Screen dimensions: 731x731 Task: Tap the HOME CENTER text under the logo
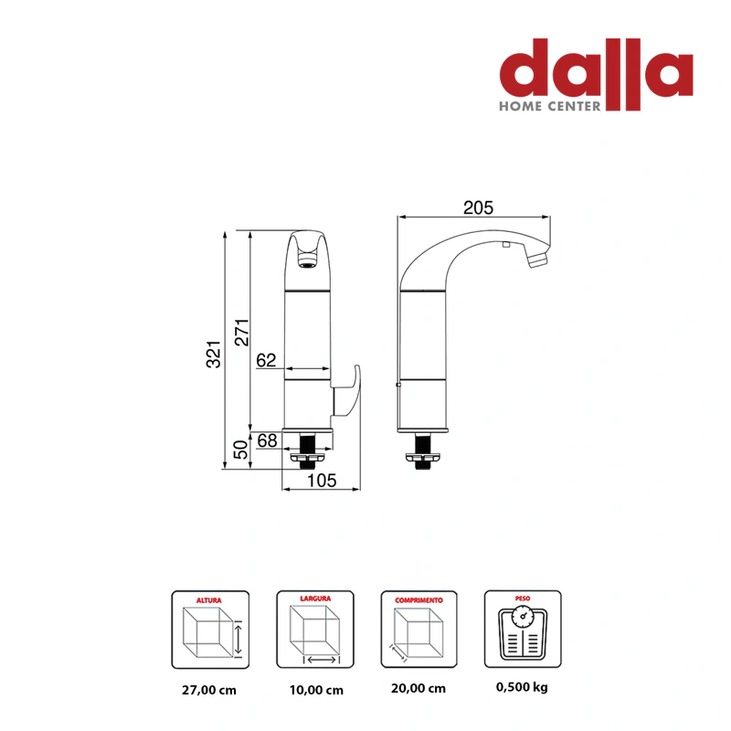coord(550,106)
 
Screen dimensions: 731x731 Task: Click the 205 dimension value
coord(478,208)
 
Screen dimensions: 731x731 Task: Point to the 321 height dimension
coord(214,355)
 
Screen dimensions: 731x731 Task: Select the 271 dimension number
coord(242,333)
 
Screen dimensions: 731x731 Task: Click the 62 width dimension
coord(266,360)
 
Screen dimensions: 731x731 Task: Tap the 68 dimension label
coord(267,440)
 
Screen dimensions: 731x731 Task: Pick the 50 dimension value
coord(240,450)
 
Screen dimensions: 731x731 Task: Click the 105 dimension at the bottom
coord(322,481)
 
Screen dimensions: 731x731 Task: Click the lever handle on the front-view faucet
coord(347,391)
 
